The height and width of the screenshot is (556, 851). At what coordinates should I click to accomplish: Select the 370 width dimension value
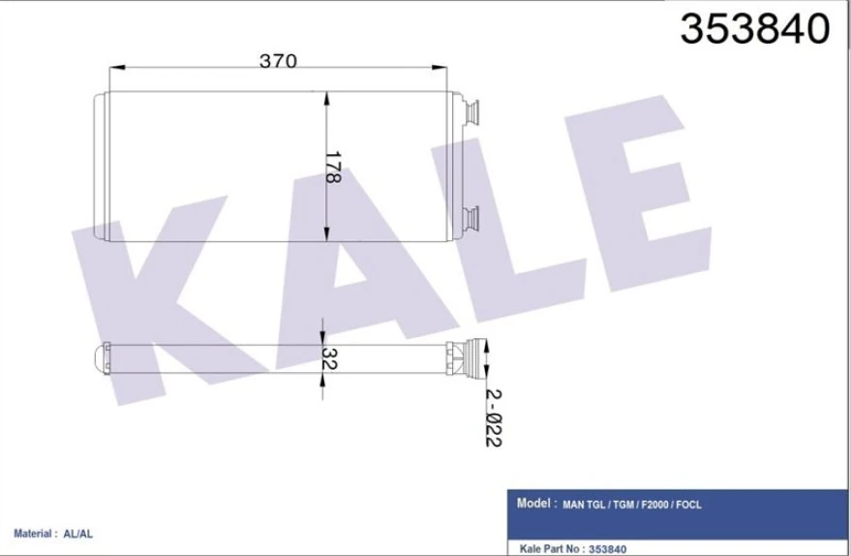(x=277, y=61)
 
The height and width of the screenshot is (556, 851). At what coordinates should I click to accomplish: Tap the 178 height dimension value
(x=332, y=168)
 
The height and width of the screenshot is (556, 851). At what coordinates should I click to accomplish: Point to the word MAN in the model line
(x=575, y=505)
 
